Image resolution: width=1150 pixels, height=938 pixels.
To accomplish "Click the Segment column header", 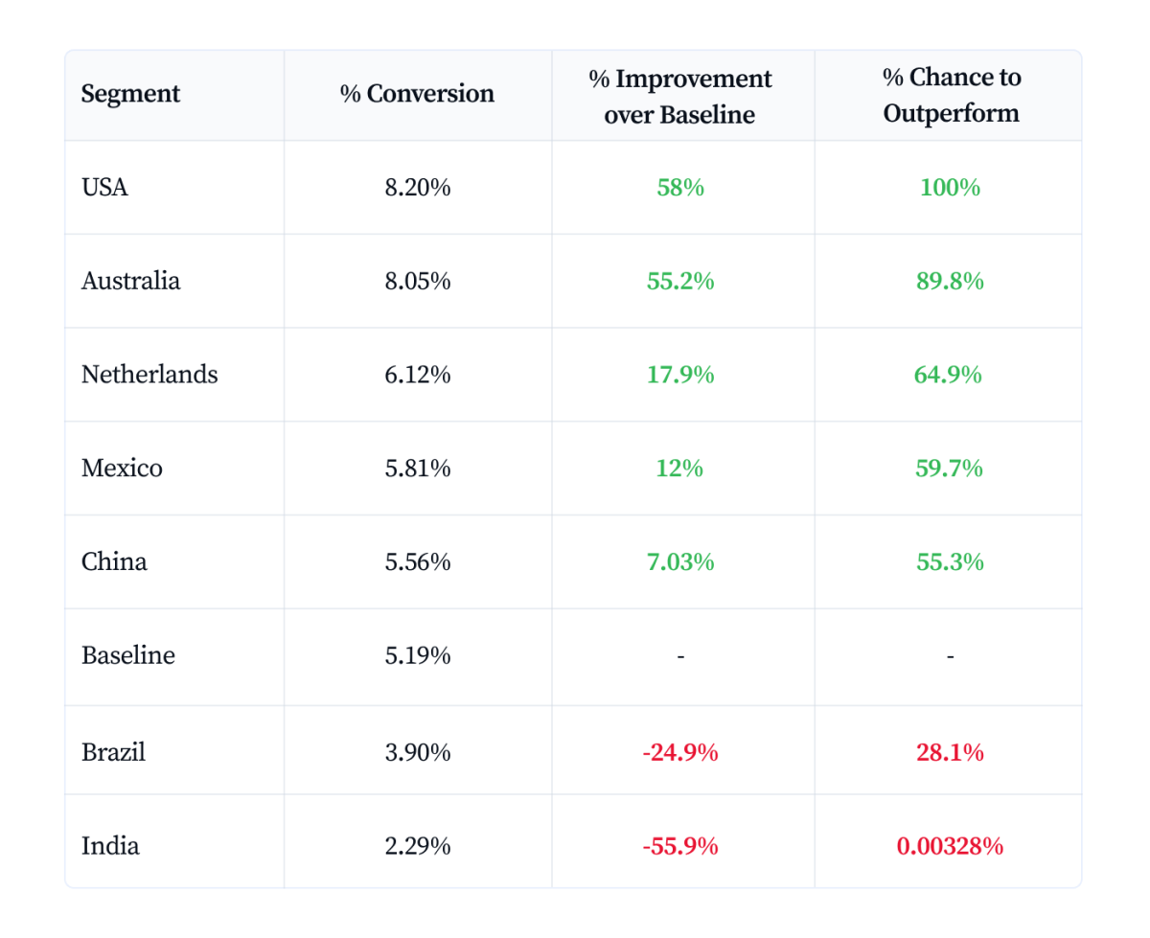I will tap(130, 94).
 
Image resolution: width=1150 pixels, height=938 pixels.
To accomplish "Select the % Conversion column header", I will tap(417, 94).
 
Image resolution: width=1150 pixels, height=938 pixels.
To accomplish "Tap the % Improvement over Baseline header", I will tap(680, 96).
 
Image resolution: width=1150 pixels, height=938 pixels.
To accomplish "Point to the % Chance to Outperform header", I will tap(951, 95).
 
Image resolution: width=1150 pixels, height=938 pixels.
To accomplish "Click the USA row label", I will tap(104, 187).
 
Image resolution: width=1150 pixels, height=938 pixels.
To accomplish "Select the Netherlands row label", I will tap(149, 374).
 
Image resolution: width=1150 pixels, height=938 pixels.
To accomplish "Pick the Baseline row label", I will tap(128, 655).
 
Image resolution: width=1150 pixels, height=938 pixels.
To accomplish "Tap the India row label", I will tap(110, 846).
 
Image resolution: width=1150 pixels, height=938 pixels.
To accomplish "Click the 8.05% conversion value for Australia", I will tap(417, 281).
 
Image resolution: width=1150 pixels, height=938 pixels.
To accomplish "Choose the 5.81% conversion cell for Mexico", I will tap(417, 468).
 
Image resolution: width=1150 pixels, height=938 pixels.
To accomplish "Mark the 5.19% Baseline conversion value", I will tap(417, 655).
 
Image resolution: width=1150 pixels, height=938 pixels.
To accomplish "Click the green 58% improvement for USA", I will tap(680, 187).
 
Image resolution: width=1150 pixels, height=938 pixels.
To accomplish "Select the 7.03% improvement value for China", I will tap(680, 561).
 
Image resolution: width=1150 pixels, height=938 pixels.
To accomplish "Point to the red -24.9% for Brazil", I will tap(680, 753).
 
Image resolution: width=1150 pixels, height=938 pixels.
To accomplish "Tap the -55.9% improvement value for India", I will tap(680, 846).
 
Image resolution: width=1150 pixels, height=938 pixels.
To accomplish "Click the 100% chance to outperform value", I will tap(950, 187).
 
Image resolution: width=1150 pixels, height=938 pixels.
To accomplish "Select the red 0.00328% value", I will tap(950, 846).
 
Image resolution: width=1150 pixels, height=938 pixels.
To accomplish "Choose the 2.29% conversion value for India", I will tap(417, 846).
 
